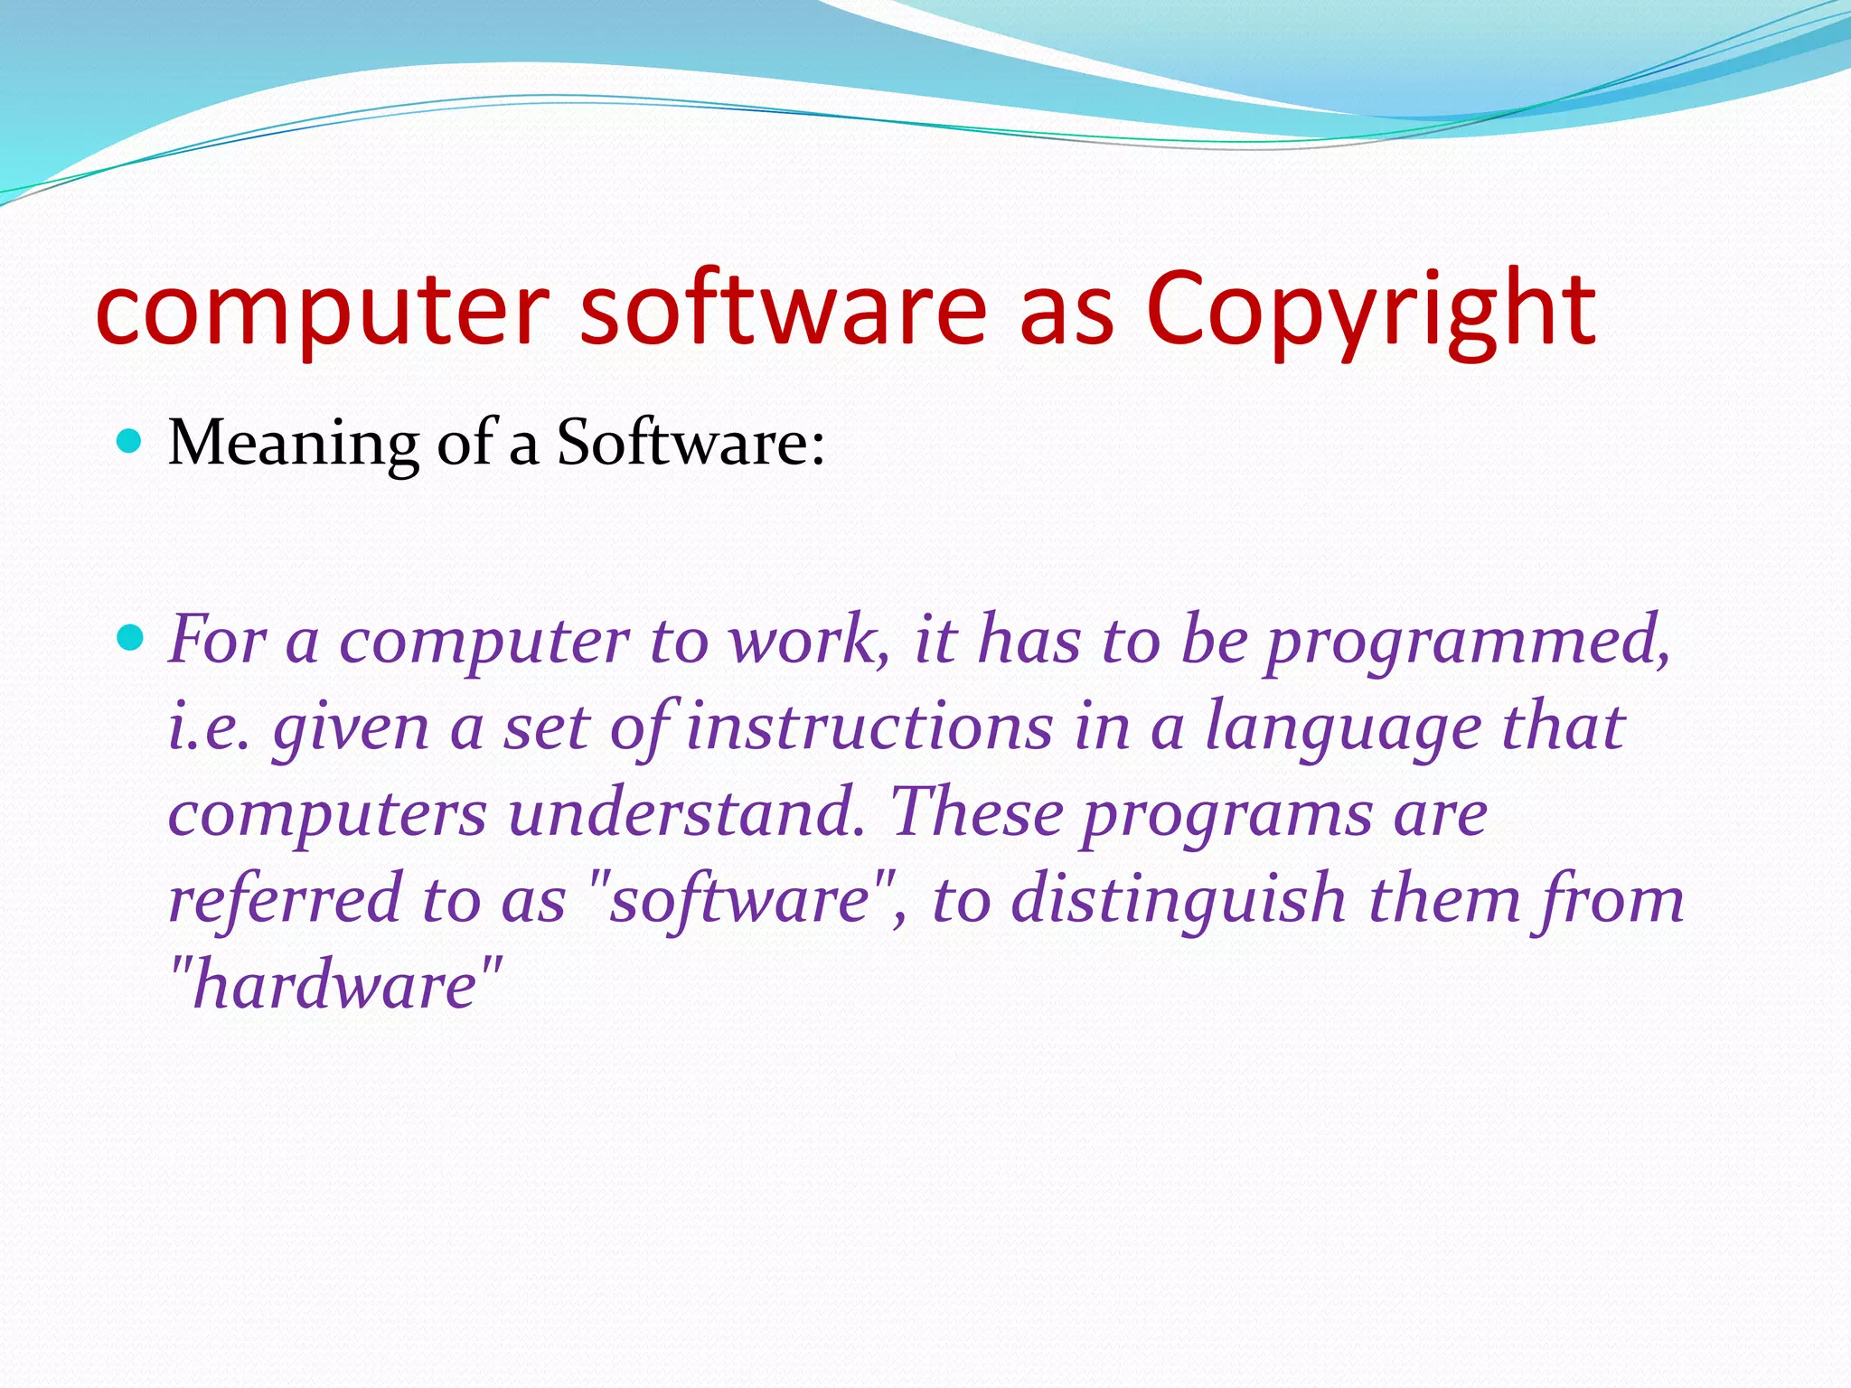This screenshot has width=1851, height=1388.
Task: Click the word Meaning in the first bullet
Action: (x=294, y=444)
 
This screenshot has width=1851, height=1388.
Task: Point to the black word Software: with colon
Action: (x=691, y=444)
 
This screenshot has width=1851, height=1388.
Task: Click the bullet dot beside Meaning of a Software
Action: (x=131, y=441)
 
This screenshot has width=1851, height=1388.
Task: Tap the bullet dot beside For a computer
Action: (x=131, y=638)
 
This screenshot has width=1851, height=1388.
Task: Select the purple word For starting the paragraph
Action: (x=217, y=640)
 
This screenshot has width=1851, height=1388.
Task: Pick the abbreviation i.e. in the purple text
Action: (x=209, y=727)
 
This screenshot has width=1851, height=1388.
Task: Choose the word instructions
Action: (x=869, y=727)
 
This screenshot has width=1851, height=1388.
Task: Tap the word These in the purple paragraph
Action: (x=976, y=812)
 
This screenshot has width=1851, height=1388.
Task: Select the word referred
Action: (x=285, y=899)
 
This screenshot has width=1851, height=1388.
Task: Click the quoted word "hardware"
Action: (x=335, y=985)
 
